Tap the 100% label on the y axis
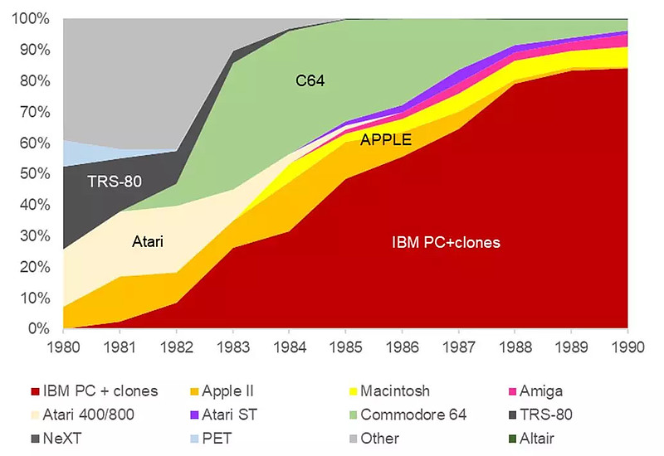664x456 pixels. click(33, 18)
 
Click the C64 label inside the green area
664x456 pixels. click(310, 81)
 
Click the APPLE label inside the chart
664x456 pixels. click(386, 140)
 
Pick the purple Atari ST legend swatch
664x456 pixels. click(197, 415)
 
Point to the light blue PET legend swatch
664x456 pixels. click(197, 439)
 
